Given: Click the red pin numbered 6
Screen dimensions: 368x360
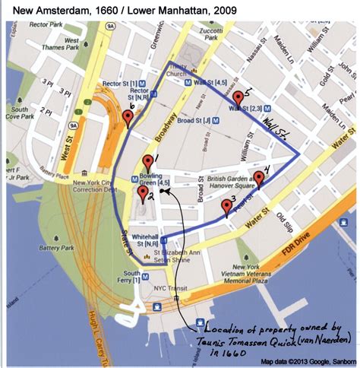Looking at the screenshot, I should pos(128,117).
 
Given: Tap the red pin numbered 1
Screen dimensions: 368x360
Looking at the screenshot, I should pos(148,161).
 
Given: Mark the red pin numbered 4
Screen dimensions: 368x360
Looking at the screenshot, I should pos(259,179).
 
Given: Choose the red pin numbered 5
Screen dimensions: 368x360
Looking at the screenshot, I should pos(238,97).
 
